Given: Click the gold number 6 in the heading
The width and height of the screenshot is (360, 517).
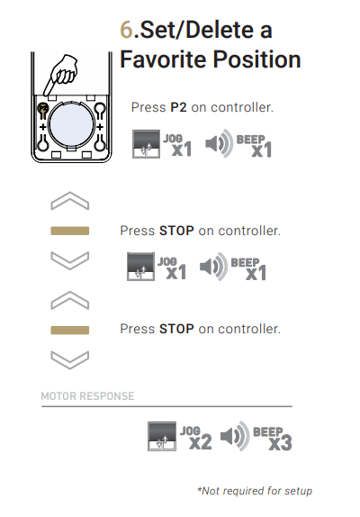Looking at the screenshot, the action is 126,30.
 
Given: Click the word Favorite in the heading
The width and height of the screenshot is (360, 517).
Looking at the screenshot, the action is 163,59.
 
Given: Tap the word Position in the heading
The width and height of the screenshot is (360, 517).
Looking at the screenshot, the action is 256,59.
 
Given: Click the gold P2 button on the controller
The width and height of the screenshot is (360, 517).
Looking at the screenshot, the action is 43,107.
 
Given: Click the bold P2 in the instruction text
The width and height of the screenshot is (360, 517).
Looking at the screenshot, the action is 178,107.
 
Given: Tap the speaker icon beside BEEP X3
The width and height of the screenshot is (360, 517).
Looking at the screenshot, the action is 235,436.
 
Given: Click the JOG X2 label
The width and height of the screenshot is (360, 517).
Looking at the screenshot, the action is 196,438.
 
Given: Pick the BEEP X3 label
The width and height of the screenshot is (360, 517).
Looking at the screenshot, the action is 273,439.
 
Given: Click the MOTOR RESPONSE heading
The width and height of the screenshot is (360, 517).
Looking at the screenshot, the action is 87,396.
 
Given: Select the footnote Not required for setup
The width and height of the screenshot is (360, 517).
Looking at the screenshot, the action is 255,491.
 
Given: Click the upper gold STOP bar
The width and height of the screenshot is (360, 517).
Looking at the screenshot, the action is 70,231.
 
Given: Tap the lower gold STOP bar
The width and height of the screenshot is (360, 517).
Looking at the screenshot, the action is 70,330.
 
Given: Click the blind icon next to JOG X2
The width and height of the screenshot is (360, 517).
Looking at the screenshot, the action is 162,436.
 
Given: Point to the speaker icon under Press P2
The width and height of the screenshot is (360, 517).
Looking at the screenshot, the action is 220,143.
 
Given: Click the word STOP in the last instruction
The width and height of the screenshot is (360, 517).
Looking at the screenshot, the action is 176,329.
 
